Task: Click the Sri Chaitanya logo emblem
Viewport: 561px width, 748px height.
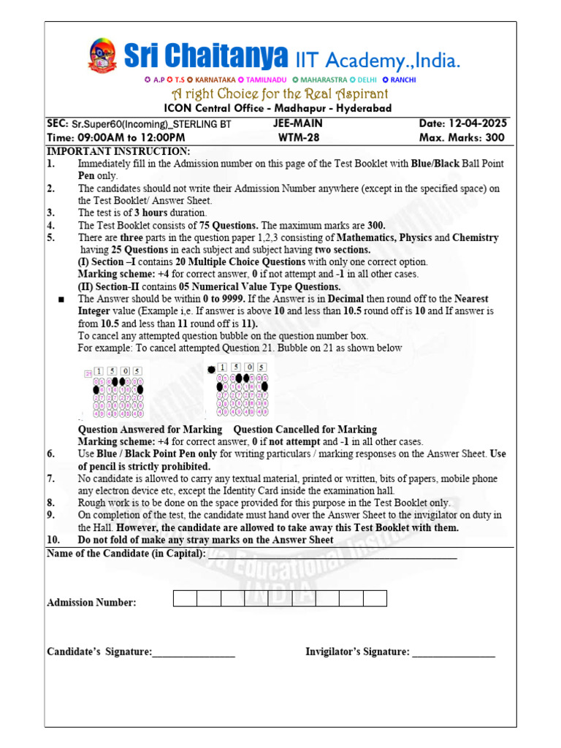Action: pos(102,56)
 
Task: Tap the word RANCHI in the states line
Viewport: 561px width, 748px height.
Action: pos(402,80)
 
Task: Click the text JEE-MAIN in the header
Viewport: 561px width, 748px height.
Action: pos(297,123)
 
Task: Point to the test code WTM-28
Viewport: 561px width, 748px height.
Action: pos(297,137)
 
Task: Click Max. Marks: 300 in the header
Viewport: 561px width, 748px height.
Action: pos(462,137)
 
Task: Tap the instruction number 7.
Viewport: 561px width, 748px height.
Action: pos(50,478)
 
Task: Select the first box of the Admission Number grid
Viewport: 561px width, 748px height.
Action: pos(185,599)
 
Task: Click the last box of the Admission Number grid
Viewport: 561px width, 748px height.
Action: pos(375,599)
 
